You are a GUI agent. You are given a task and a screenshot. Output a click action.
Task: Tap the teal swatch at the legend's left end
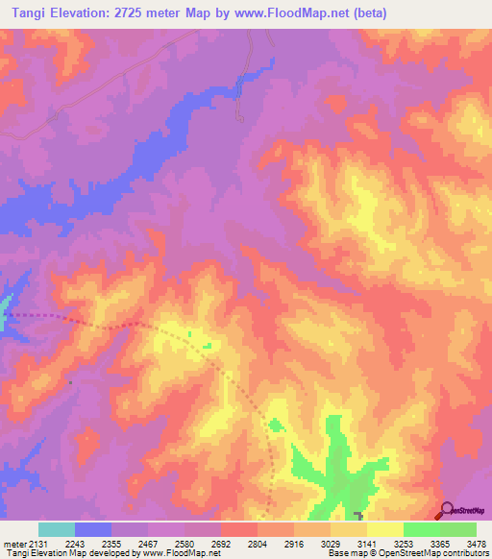point(57,529)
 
